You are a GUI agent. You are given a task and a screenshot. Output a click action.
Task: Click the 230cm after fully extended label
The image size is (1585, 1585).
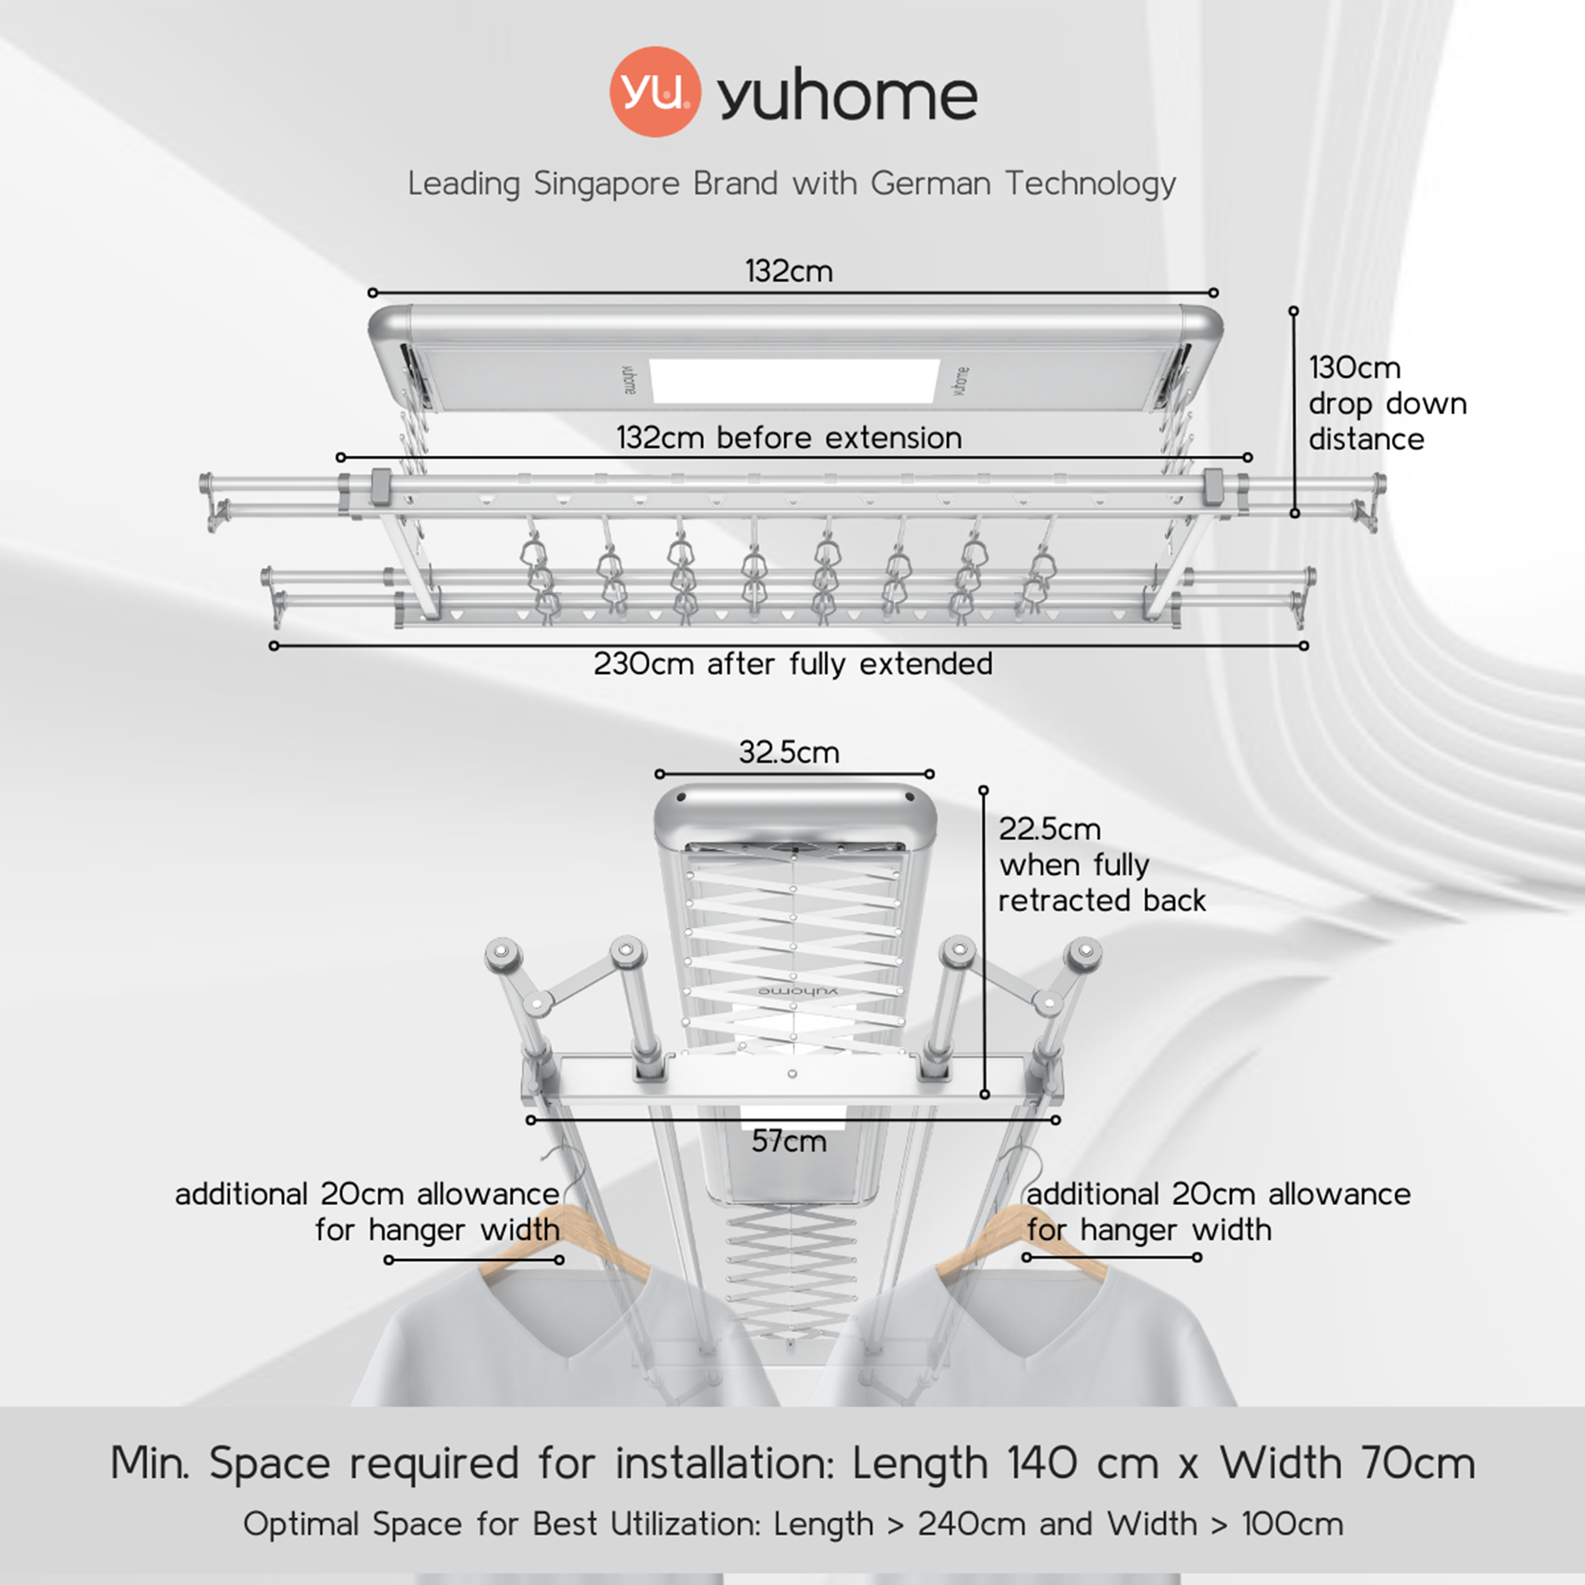point(792,664)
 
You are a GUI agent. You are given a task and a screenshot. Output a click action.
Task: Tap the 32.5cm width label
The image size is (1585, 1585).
point(789,752)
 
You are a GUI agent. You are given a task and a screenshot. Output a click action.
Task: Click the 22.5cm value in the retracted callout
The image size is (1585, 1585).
point(1049,829)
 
